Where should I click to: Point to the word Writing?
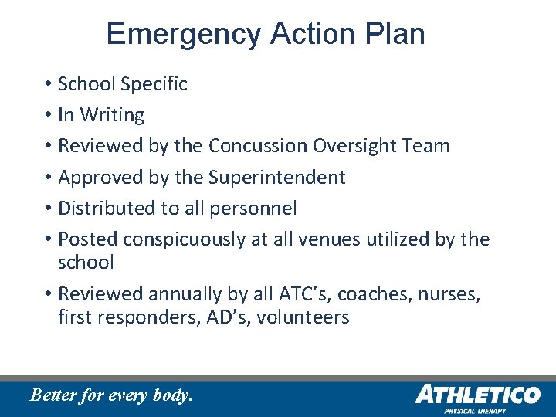coord(112,115)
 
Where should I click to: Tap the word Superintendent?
coord(276,178)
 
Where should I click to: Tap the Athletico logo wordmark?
coord(477,395)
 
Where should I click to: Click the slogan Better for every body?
coord(110,395)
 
